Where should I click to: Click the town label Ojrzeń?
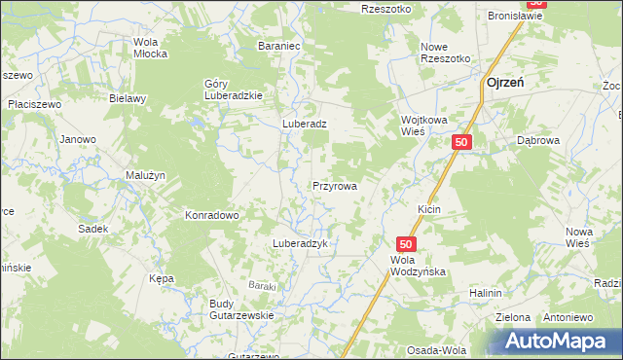pos(505,84)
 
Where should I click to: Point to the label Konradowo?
pos(212,215)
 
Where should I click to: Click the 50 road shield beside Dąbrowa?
pos(461,143)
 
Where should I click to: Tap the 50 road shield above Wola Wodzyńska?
pos(407,244)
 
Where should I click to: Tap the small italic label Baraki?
pos(262,285)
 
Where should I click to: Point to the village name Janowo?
pos(78,139)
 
